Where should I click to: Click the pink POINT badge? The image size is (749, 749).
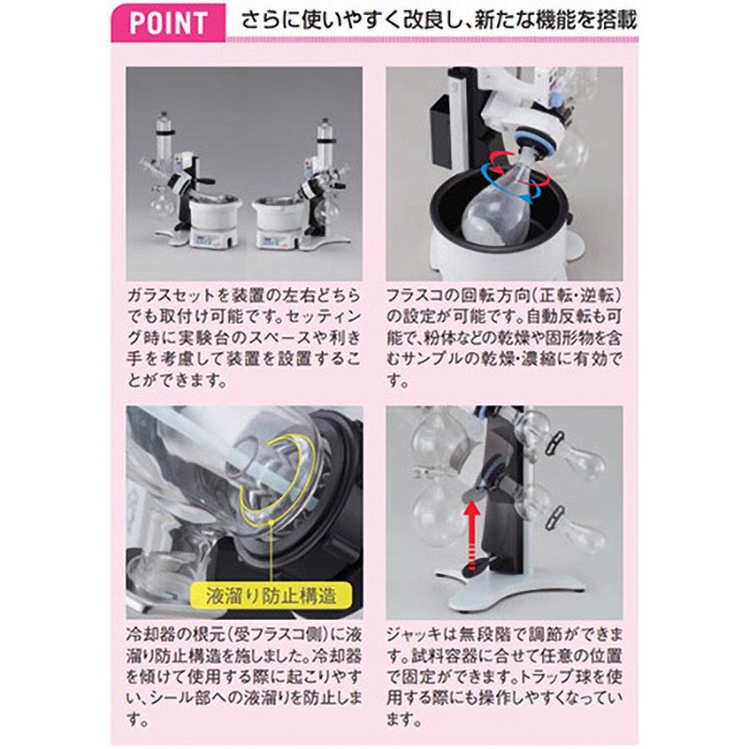click(x=169, y=22)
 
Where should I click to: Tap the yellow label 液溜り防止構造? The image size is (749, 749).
click(x=271, y=595)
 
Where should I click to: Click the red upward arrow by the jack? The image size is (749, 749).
click(x=472, y=535)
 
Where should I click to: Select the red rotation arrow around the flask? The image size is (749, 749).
click(x=519, y=165)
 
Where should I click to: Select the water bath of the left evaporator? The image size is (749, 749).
click(x=213, y=215)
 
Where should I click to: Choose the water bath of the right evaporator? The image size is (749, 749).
click(x=279, y=216)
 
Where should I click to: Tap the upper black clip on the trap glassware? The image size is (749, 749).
click(x=553, y=443)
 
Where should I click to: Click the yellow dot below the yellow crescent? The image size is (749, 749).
click(x=272, y=522)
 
